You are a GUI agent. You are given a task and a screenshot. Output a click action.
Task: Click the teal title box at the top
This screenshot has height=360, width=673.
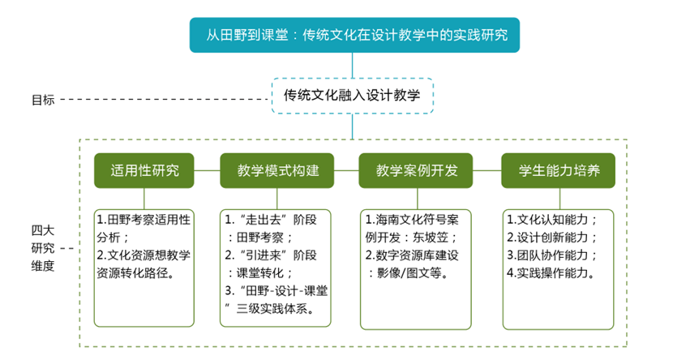pyautogui.click(x=354, y=35)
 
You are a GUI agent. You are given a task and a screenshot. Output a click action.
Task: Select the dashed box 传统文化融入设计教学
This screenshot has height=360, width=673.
pyautogui.click(x=353, y=96)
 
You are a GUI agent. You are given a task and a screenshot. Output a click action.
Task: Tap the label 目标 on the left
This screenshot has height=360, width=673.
pyautogui.click(x=43, y=100)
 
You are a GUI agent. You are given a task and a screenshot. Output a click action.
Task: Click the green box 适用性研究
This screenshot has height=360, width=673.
pyautogui.click(x=144, y=171)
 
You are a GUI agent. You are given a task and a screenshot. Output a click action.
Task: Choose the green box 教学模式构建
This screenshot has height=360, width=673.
pyautogui.click(x=276, y=171)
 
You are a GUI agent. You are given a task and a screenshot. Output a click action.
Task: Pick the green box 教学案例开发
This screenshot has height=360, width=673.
pyautogui.click(x=416, y=171)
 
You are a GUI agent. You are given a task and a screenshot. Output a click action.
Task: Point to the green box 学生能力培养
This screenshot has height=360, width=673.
pyautogui.click(x=559, y=171)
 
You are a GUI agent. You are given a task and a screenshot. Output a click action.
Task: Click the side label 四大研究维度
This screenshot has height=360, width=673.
pyautogui.click(x=43, y=248)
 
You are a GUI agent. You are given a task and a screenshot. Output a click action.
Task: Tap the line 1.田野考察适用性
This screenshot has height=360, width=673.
pyautogui.click(x=144, y=220)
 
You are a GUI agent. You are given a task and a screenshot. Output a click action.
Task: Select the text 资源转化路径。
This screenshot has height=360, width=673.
pyautogui.click(x=135, y=273)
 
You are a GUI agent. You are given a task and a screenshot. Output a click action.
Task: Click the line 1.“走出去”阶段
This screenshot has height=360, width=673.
pyautogui.click(x=271, y=220)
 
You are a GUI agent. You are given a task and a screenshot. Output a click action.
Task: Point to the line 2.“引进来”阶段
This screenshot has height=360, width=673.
pyautogui.click(x=271, y=255)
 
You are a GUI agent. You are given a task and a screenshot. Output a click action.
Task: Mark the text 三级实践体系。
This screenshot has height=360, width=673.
pyautogui.click(x=275, y=308)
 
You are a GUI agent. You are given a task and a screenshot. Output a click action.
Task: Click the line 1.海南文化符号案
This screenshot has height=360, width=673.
pyautogui.click(x=412, y=220)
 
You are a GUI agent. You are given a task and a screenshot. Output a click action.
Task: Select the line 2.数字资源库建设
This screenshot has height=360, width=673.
pyautogui.click(x=412, y=255)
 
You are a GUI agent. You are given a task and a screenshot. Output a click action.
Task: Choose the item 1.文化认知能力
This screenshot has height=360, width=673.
pyautogui.click(x=547, y=220)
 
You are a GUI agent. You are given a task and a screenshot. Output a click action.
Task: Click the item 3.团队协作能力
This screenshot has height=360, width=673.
pyautogui.click(x=547, y=255)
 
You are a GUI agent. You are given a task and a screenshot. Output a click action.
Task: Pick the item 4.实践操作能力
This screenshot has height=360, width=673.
pyautogui.click(x=547, y=273)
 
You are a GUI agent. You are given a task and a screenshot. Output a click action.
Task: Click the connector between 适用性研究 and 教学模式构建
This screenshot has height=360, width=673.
pyautogui.click(x=207, y=170)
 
